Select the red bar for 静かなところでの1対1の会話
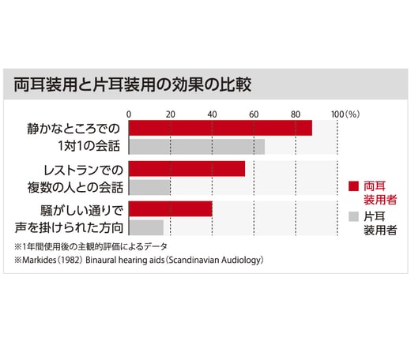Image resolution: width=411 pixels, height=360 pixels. [220, 128]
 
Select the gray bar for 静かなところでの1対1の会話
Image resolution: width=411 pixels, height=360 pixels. [196, 146]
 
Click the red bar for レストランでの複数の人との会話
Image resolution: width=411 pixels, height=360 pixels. [187, 168]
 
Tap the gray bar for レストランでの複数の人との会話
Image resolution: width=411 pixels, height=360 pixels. [149, 187]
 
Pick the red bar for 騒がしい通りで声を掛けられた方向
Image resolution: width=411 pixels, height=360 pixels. [170, 208]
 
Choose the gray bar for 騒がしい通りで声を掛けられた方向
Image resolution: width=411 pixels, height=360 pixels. [146, 227]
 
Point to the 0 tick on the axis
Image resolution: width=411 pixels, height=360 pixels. [129, 114]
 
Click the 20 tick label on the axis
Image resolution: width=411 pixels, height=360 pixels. [170, 114]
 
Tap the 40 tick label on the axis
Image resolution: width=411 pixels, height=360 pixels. [212, 114]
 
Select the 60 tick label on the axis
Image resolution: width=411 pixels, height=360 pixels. [254, 114]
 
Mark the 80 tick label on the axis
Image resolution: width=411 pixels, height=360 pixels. [296, 114]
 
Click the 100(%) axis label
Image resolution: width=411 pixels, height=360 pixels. [345, 114]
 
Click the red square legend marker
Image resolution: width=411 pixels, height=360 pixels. [354, 186]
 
